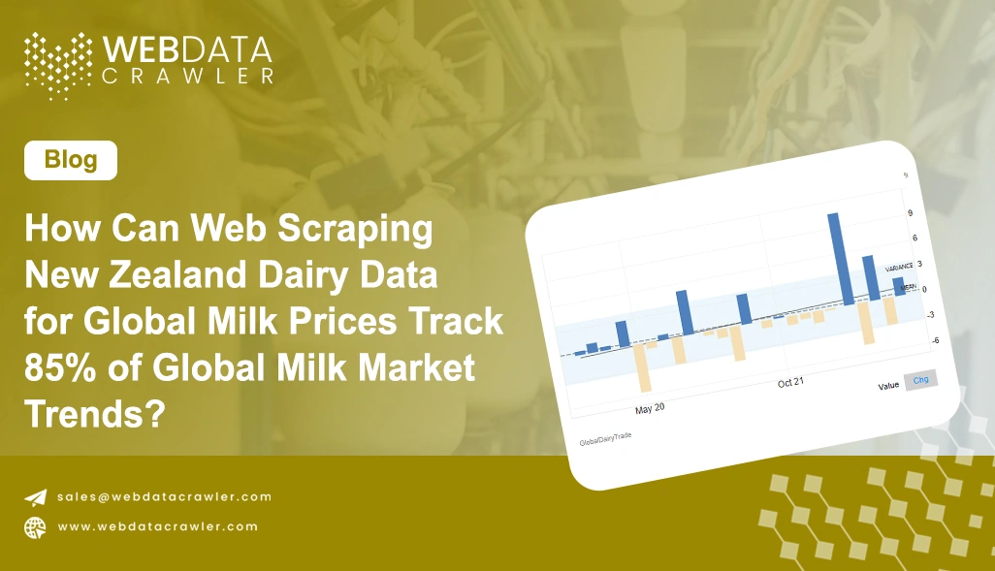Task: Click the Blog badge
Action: coord(71,160)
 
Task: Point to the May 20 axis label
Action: coord(650,408)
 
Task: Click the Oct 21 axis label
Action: coord(791,383)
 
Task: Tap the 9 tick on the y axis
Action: coord(910,212)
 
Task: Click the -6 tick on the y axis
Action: coord(909,340)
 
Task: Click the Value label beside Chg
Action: coord(888,385)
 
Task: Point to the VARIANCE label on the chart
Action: coord(900,267)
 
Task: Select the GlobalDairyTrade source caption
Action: coord(605,440)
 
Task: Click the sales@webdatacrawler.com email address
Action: coord(164,496)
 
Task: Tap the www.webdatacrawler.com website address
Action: coord(158,526)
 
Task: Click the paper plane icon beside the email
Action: coord(36,497)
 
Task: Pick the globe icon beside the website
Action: coord(36,526)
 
